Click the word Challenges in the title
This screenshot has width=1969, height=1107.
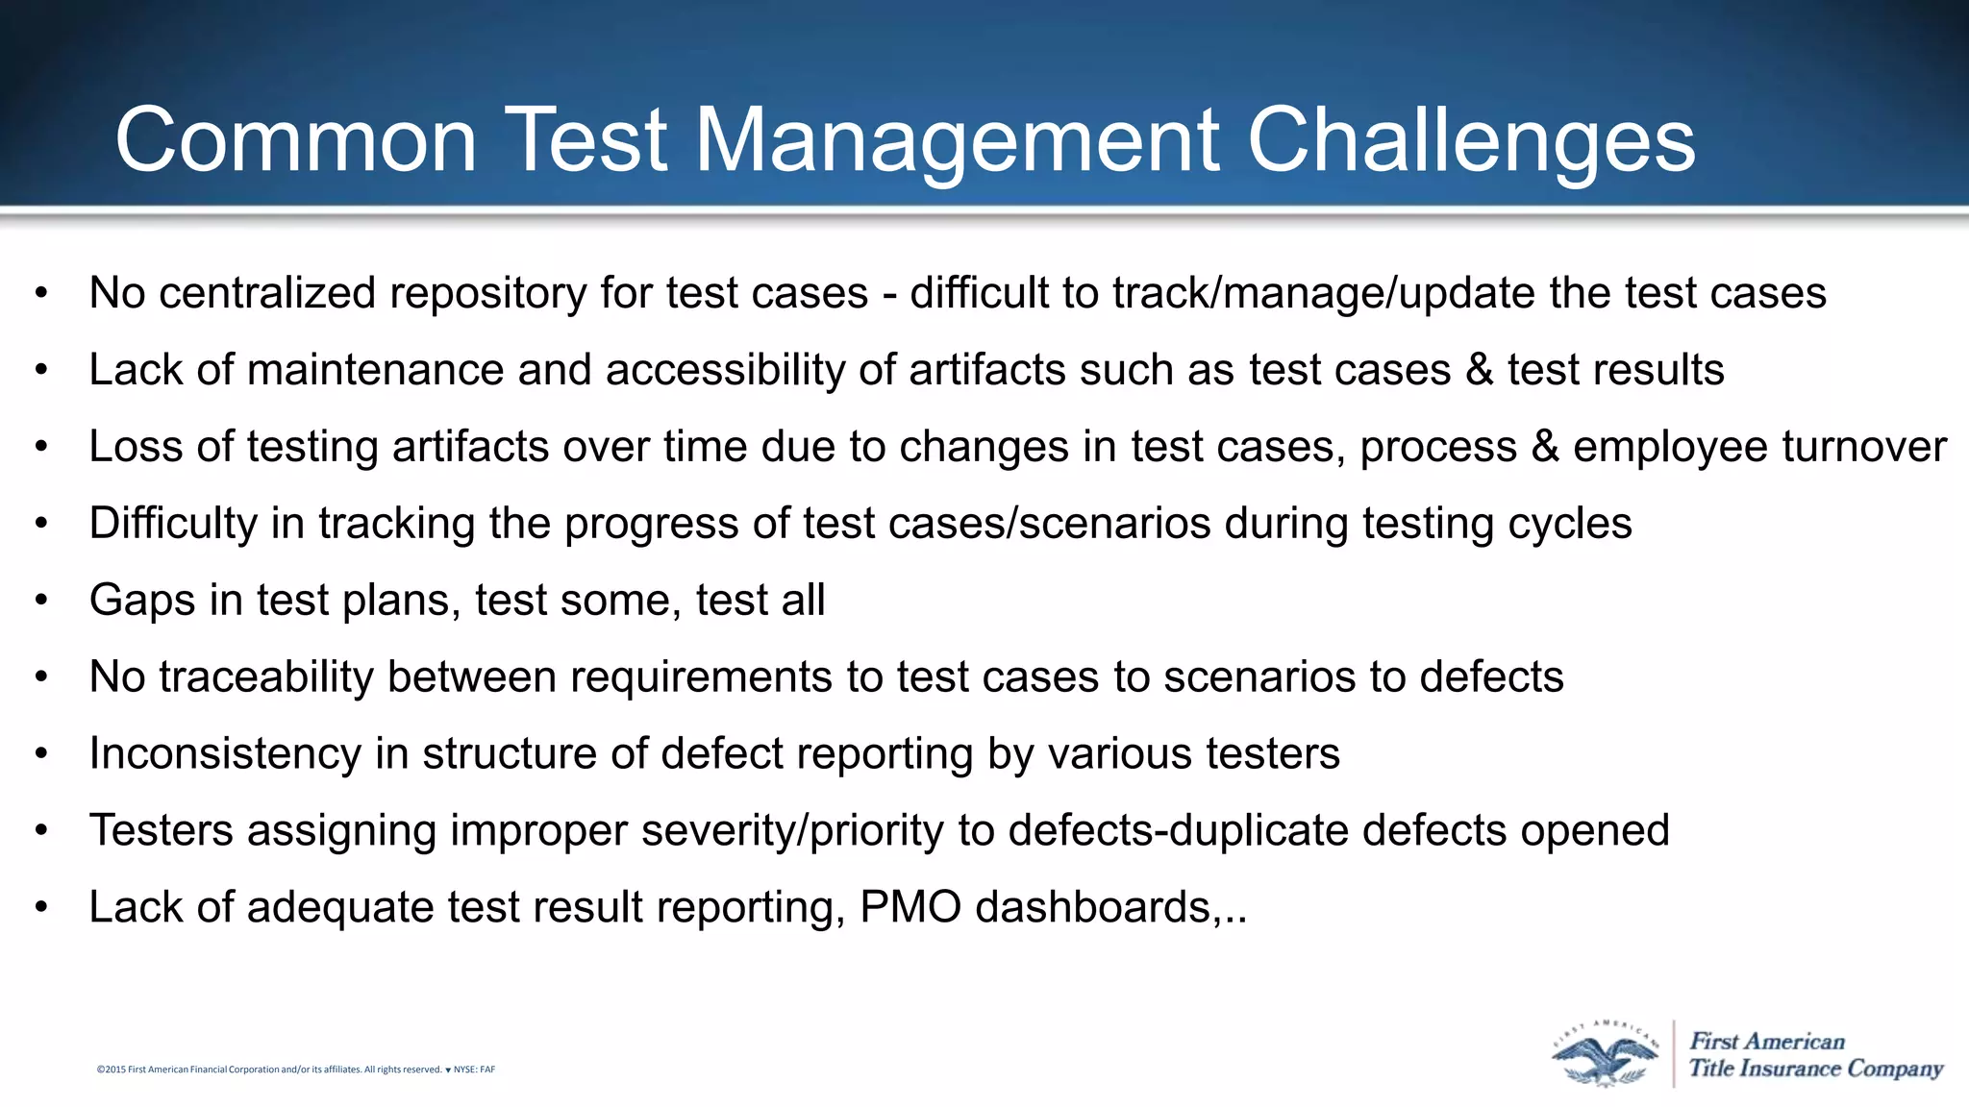pos(1471,141)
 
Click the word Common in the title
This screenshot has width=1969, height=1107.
pos(296,141)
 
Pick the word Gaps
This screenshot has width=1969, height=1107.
pos(142,601)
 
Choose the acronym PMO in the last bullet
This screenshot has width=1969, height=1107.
pos(910,907)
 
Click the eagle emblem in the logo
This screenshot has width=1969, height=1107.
pos(1605,1055)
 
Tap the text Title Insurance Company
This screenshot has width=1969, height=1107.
pos(1815,1069)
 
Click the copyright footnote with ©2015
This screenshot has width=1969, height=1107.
pos(269,1070)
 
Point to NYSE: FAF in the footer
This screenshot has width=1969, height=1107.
pos(474,1070)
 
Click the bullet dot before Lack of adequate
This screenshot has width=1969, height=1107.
pos(40,908)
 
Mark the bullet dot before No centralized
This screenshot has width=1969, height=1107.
pos(40,294)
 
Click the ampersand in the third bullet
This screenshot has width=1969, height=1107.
pos(1545,447)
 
